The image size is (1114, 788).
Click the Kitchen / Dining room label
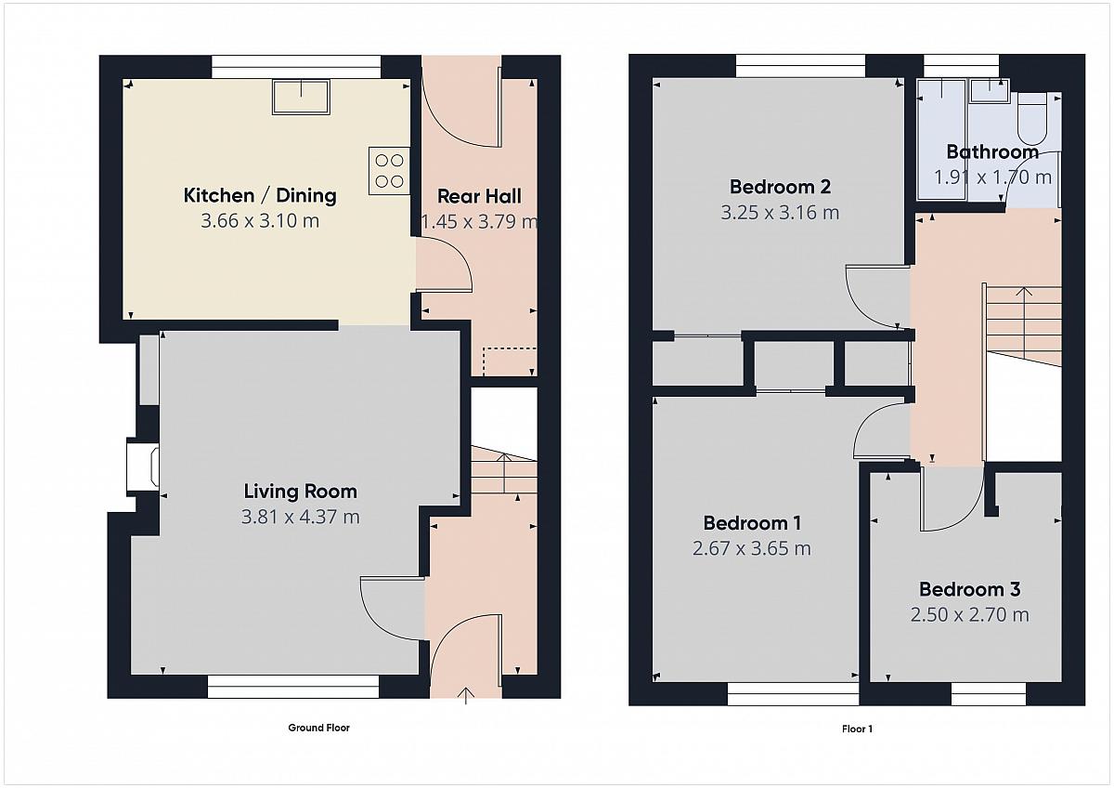[260, 195]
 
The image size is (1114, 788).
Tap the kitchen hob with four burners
[389, 171]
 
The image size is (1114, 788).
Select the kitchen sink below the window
[301, 97]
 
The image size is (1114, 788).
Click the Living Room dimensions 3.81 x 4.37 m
[301, 517]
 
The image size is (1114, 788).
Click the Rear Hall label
[479, 196]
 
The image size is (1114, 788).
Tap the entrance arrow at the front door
[465, 695]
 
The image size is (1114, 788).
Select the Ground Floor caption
[318, 728]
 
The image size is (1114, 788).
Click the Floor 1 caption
[857, 729]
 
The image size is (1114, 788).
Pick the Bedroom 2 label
[780, 187]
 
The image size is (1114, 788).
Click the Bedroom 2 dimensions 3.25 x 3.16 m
[780, 213]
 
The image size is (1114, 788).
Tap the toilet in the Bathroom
[1032, 118]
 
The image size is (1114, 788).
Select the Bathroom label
[992, 151]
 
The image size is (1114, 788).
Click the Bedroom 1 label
[752, 522]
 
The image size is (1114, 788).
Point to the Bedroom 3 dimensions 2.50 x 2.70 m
[970, 615]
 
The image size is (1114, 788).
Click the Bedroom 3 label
[970, 589]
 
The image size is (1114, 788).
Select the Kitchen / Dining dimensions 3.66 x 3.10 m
[260, 220]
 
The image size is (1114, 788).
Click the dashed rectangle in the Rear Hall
[510, 361]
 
